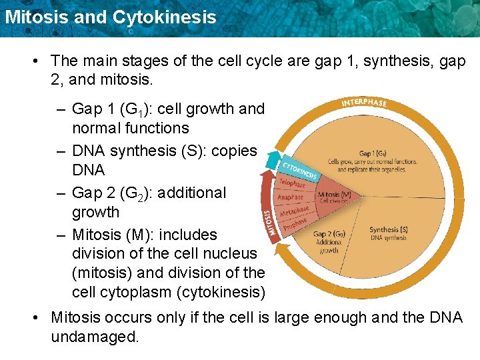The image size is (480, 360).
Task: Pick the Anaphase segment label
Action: pos(290,197)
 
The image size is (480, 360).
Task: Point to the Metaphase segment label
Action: pos(293,211)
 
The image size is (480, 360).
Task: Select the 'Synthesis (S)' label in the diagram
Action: pos(389,230)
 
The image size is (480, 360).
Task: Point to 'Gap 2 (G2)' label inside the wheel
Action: pos(329,234)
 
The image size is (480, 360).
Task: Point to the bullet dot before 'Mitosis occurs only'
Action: pos(34,318)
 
